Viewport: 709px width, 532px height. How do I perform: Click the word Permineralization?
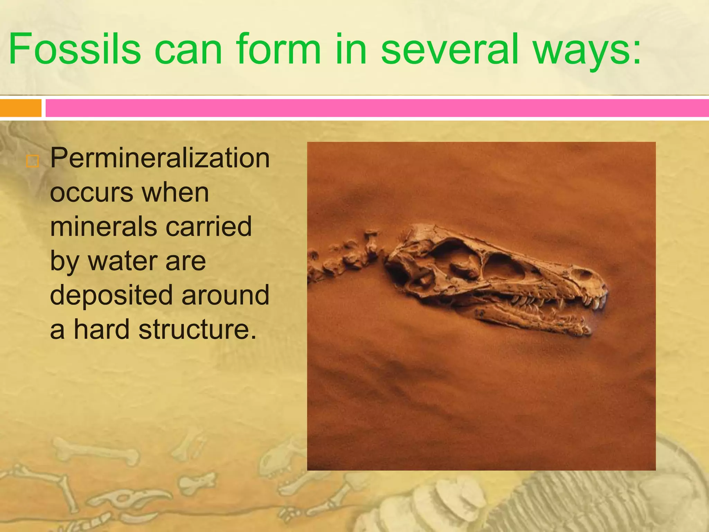pyautogui.click(x=160, y=158)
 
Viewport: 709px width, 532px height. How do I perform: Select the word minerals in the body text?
pyautogui.click(x=104, y=227)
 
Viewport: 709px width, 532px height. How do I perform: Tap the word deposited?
pyautogui.click(x=111, y=295)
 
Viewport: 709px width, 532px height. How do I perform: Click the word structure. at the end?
pyautogui.click(x=197, y=329)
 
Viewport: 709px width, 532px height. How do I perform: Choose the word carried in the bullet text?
pyautogui.click(x=208, y=227)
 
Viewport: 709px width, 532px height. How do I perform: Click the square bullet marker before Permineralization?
pyautogui.click(x=32, y=161)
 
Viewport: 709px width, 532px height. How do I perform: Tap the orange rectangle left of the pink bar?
pyautogui.click(x=20, y=108)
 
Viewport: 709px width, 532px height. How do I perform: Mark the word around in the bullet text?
pyautogui.click(x=225, y=295)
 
